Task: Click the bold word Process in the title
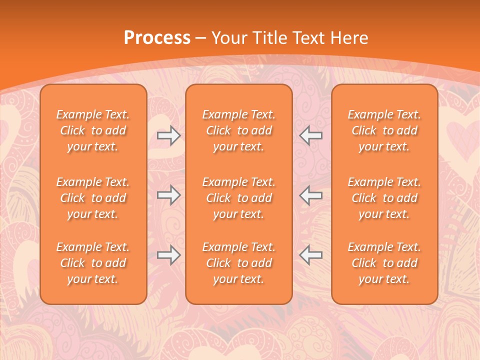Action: pyautogui.click(x=157, y=38)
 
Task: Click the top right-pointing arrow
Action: pyautogui.click(x=169, y=135)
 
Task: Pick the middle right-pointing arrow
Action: pyautogui.click(x=169, y=195)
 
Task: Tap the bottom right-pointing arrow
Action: pyautogui.click(x=169, y=255)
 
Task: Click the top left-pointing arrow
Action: pyautogui.click(x=311, y=135)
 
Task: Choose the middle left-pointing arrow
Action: pyautogui.click(x=311, y=195)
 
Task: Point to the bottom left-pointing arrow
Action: pyautogui.click(x=311, y=255)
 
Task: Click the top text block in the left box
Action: pyautogui.click(x=93, y=130)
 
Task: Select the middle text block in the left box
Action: pyautogui.click(x=93, y=198)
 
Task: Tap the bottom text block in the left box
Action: pyautogui.click(x=93, y=263)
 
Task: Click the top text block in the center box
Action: pyautogui.click(x=239, y=130)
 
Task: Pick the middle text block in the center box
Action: pyautogui.click(x=239, y=198)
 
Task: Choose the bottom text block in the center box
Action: pyautogui.click(x=239, y=263)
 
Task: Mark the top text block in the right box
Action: pyautogui.click(x=384, y=130)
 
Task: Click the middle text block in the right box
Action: pyautogui.click(x=384, y=198)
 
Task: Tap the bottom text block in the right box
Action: pyautogui.click(x=384, y=263)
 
